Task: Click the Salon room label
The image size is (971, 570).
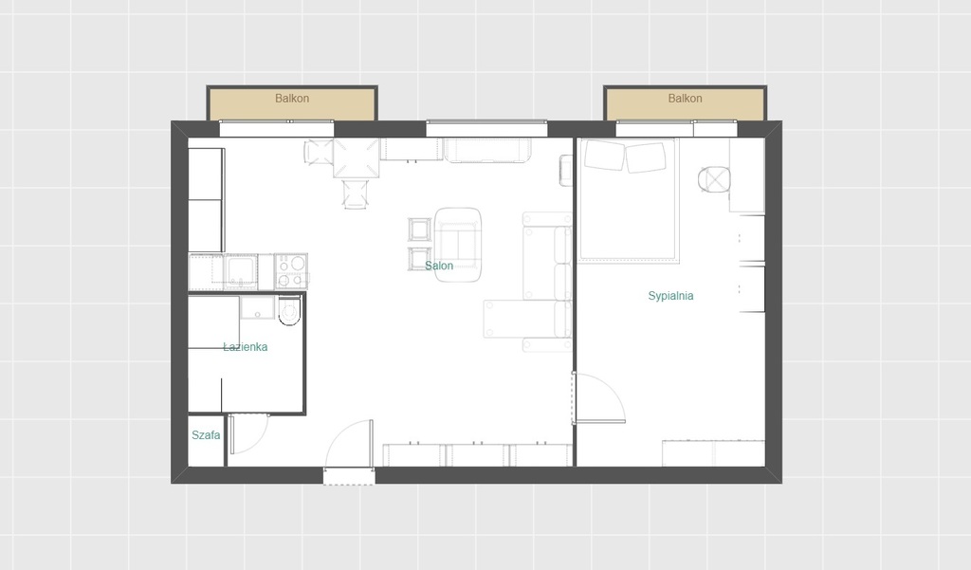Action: (438, 266)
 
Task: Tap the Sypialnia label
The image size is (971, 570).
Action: (670, 296)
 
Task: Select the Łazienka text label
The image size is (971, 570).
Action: (246, 347)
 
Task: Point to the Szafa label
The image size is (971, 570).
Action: (206, 435)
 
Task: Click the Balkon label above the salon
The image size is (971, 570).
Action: (292, 98)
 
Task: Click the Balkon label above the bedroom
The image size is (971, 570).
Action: (685, 98)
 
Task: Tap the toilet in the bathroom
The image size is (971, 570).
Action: (289, 310)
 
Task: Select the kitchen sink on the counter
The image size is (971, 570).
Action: (241, 271)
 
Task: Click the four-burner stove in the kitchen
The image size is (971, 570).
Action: (290, 271)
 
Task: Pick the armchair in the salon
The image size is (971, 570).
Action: (458, 245)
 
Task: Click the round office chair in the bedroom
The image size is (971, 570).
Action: (714, 180)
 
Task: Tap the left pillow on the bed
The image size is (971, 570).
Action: (604, 155)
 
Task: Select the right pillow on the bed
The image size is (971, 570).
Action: (646, 158)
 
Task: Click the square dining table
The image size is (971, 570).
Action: (357, 158)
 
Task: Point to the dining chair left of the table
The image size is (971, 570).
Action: (319, 153)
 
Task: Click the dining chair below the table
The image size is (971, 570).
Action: (356, 193)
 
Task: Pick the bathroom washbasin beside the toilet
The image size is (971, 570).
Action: (258, 307)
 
